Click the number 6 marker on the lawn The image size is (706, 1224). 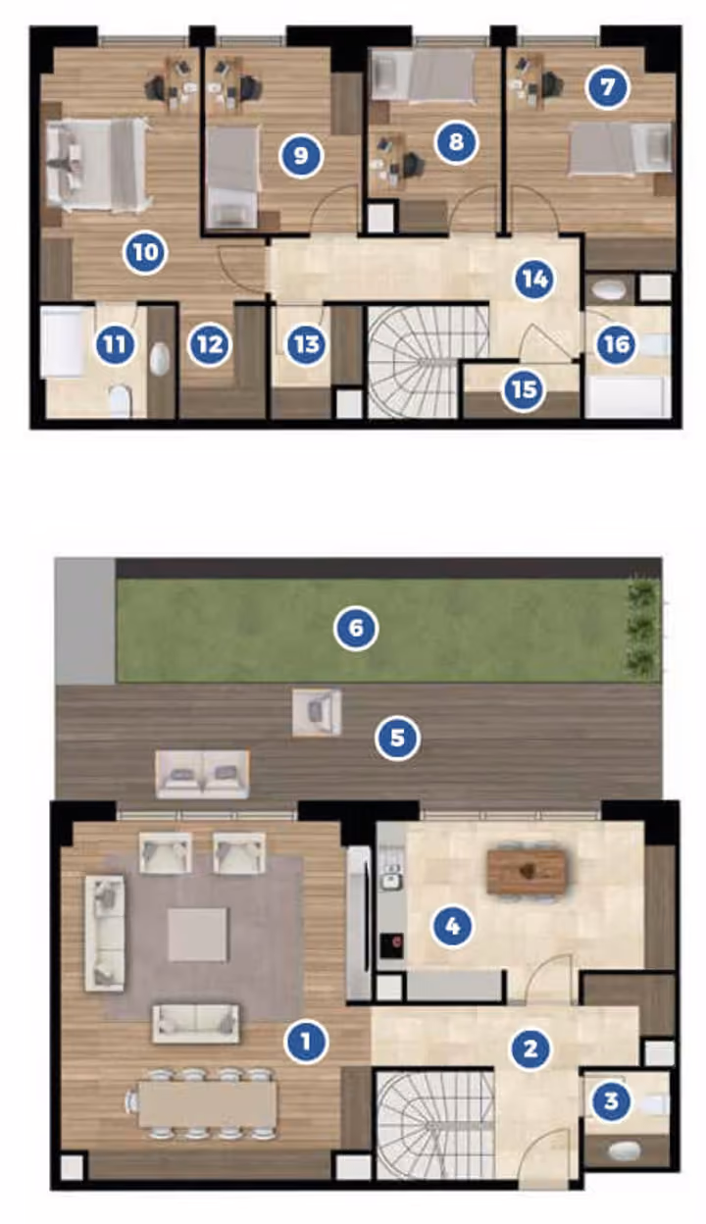pos(356,628)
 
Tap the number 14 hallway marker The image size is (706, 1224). pos(533,280)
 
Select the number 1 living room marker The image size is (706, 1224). pos(306,1041)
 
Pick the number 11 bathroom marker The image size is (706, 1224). pos(115,345)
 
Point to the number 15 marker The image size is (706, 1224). pos(524,389)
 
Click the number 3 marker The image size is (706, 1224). pos(610,1100)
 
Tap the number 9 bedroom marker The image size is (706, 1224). pos(301,156)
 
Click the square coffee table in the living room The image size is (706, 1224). pos(198,935)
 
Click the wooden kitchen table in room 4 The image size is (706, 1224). pos(527,872)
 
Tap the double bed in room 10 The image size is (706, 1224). pos(97,165)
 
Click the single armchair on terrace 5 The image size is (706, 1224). pos(317,713)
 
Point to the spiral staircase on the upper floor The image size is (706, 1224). pos(428,361)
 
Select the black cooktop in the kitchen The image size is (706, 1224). pos(392,944)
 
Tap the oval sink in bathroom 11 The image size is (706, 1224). pos(159,358)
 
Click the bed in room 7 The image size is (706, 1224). pos(621,148)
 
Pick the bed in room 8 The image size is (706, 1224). pos(423,76)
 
